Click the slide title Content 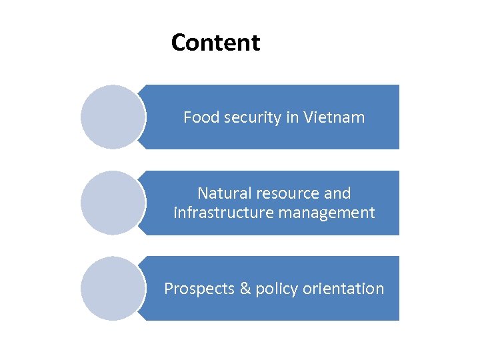click(215, 43)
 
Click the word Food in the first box click(197, 118)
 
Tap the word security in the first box click(245, 119)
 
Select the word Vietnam click(334, 118)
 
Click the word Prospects click(197, 289)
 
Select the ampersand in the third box click(245, 289)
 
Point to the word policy click(276, 289)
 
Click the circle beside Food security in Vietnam click(113, 117)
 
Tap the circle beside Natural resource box click(113, 203)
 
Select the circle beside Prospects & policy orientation click(113, 289)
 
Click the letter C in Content click(179, 43)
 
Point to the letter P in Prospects click(169, 289)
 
